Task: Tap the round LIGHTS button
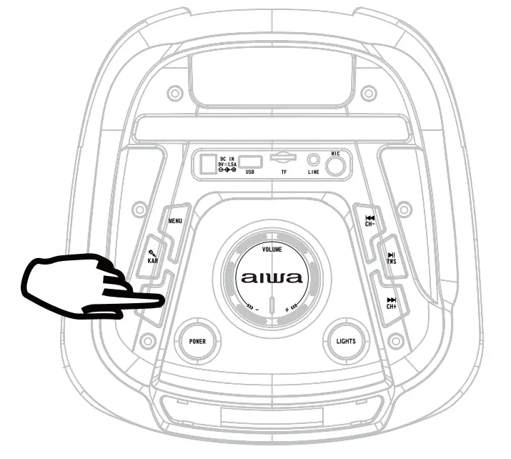coord(345,341)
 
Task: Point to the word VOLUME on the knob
coord(272,250)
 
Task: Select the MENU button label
coord(174,221)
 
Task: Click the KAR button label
coord(153,260)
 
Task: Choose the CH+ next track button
coord(391,303)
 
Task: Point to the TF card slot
coord(283,157)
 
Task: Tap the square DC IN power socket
coord(208,164)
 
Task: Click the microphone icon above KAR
coord(152,252)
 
